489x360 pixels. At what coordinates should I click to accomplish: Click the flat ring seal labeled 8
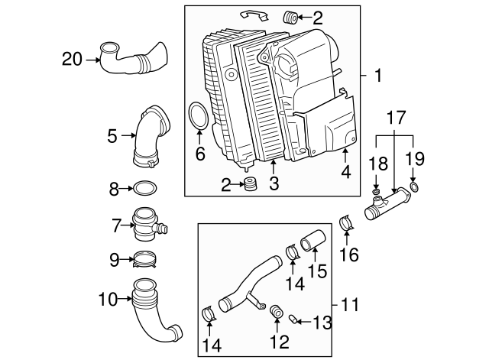pos(146,187)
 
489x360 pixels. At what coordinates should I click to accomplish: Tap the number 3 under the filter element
pos(274,184)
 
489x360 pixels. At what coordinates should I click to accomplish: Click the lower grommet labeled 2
pos(248,186)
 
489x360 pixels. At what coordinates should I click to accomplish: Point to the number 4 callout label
pos(346,173)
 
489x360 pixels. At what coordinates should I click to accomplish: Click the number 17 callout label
pos(394,118)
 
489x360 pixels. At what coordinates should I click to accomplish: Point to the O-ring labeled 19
pos(413,186)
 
